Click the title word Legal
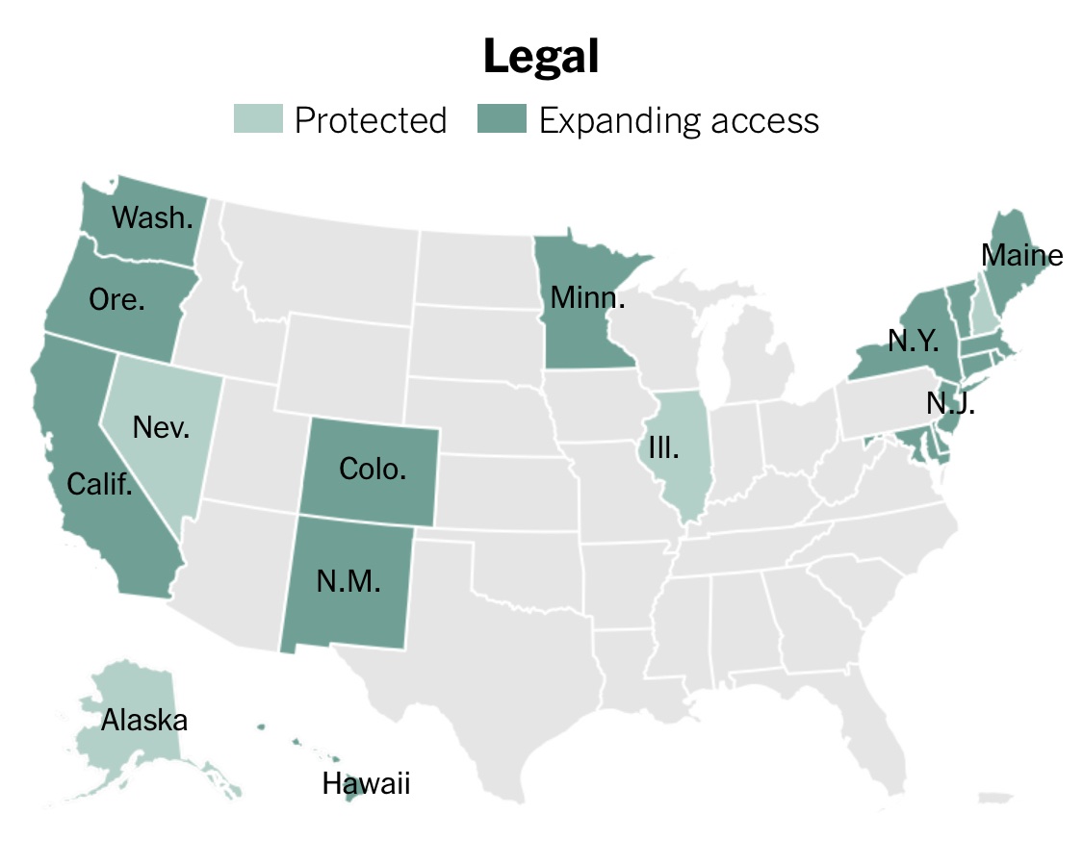pos(541,57)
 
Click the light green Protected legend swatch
pos(259,120)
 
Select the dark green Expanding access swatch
pos(503,120)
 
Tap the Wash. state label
pos(151,217)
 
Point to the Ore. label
pos(116,299)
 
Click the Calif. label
pos(99,483)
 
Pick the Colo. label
pos(373,470)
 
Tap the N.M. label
pos(348,581)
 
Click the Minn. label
pos(587,297)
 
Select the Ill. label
pos(663,448)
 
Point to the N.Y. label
pos(914,341)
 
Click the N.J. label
pos(950,403)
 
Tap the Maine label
pos(1021,255)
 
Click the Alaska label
pos(144,719)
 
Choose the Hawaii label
pos(366,784)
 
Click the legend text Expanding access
pos(679,120)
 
